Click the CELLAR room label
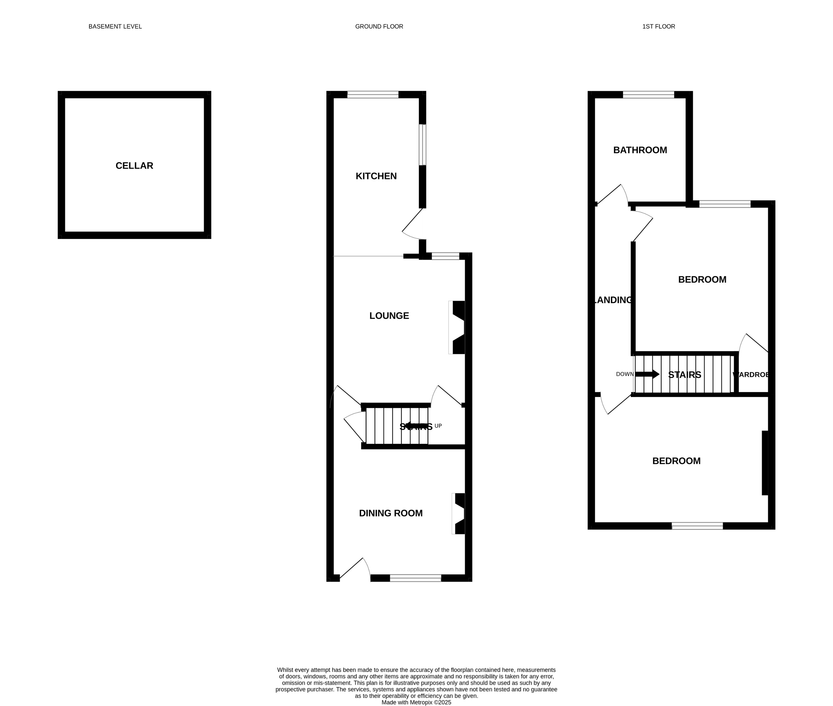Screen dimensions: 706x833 [x=134, y=166]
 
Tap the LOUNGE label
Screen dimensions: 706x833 [x=389, y=316]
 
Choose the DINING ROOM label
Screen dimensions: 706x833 [x=390, y=513]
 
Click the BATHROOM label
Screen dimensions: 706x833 [x=640, y=150]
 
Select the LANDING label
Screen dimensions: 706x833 [x=613, y=300]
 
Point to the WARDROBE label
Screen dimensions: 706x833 [x=751, y=375]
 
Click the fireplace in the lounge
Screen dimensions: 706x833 [x=458, y=328]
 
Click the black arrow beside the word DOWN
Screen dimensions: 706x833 [x=647, y=374]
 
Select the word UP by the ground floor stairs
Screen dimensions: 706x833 [x=438, y=426]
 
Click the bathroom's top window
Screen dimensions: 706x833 [x=648, y=95]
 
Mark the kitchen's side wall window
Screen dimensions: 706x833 [x=422, y=145]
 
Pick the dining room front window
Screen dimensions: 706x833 [x=415, y=578]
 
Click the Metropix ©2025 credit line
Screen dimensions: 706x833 [x=416, y=702]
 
